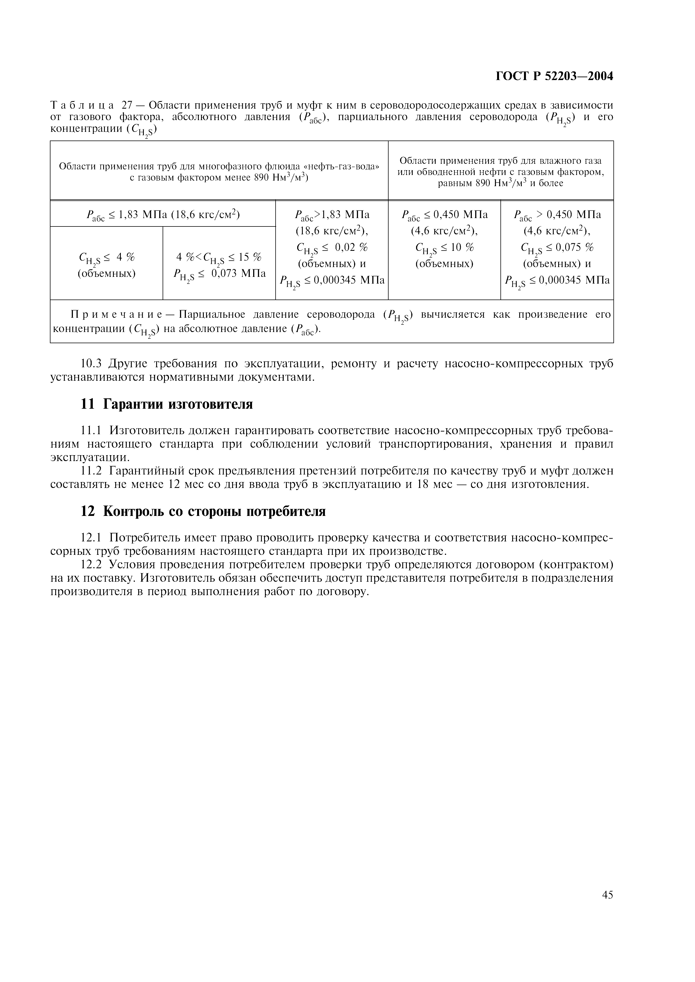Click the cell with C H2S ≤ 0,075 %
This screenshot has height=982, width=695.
click(x=557, y=247)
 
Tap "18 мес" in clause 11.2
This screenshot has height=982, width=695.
click(x=434, y=484)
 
